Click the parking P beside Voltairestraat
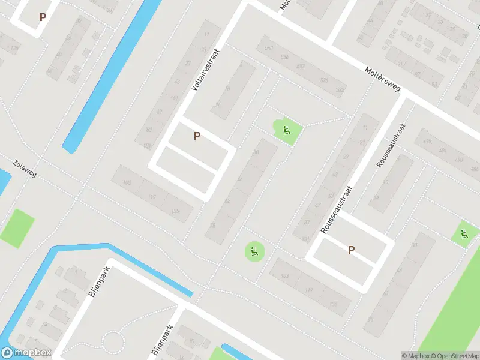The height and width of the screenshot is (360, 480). click(x=197, y=136)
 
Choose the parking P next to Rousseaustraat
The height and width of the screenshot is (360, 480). click(x=351, y=250)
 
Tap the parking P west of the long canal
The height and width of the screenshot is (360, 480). click(x=42, y=17)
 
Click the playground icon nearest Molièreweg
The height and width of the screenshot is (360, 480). click(x=287, y=130)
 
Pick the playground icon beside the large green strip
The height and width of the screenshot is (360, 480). click(x=464, y=235)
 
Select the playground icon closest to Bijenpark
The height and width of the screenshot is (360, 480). click(x=254, y=251)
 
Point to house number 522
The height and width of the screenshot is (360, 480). click(x=340, y=90)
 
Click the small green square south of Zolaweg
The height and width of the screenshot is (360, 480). click(x=17, y=228)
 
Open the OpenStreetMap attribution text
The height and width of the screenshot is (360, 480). click(x=455, y=355)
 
